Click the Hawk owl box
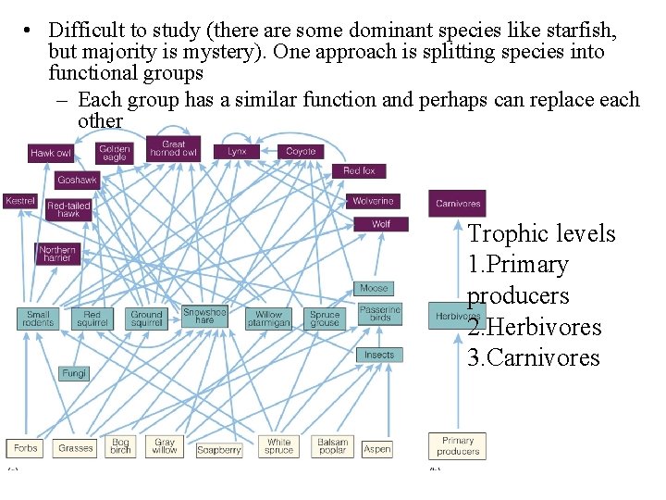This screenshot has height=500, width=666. (51, 153)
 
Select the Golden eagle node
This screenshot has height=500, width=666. (115, 153)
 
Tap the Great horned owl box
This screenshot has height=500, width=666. (174, 149)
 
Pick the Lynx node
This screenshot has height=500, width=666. (237, 151)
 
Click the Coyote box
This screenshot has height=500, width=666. (301, 151)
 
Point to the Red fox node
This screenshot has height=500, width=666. (359, 171)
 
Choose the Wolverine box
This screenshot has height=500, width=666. (373, 201)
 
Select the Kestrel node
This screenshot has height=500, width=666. (20, 201)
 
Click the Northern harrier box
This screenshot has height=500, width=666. (57, 254)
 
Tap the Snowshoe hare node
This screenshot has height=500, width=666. (204, 317)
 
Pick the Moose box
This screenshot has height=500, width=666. (374, 289)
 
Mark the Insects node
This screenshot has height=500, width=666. (379, 355)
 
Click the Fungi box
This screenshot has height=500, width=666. (74, 373)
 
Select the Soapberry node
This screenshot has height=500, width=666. (219, 450)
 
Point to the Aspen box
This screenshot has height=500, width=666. (377, 449)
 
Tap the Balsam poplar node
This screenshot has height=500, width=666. (333, 447)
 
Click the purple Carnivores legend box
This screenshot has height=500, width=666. (458, 203)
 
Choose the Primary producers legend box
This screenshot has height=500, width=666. (458, 446)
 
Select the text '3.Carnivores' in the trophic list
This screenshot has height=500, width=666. (534, 358)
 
